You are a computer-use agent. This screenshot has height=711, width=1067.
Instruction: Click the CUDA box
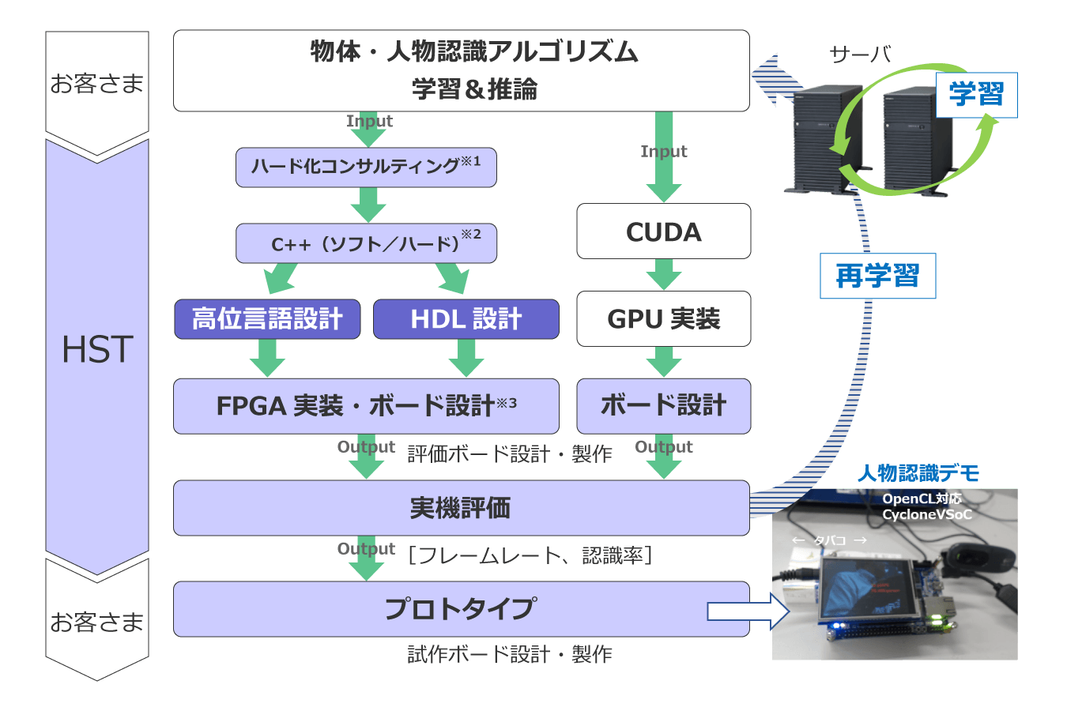pos(663,231)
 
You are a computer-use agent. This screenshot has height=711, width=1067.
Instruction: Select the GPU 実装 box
pos(663,319)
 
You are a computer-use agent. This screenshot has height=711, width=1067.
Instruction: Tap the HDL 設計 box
pos(466,319)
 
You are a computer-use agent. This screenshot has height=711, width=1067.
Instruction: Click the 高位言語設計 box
pos(267,319)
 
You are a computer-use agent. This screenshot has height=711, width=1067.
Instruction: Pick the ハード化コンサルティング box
pos(366,167)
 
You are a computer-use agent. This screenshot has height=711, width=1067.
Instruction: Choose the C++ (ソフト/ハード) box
pos(366,243)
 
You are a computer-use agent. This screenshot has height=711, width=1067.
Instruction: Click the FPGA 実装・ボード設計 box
pos(366,406)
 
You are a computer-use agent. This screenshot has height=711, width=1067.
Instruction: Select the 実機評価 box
pos(461,508)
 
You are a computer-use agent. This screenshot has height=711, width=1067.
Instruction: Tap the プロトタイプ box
pos(461,609)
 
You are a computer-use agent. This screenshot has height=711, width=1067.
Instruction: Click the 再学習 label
pos(877,276)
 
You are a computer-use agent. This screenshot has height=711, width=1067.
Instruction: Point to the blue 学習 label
pos(976,95)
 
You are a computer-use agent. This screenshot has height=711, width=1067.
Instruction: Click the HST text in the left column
pos(97,350)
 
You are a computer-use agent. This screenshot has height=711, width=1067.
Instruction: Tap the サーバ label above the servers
pos(861,55)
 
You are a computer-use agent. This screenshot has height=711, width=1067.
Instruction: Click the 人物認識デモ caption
pos(918,473)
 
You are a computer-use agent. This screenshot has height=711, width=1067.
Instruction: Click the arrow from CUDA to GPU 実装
pos(663,275)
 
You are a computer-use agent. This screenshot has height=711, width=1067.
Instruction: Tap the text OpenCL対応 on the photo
pos(922,498)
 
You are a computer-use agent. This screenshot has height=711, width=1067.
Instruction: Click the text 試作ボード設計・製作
pos(510,654)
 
